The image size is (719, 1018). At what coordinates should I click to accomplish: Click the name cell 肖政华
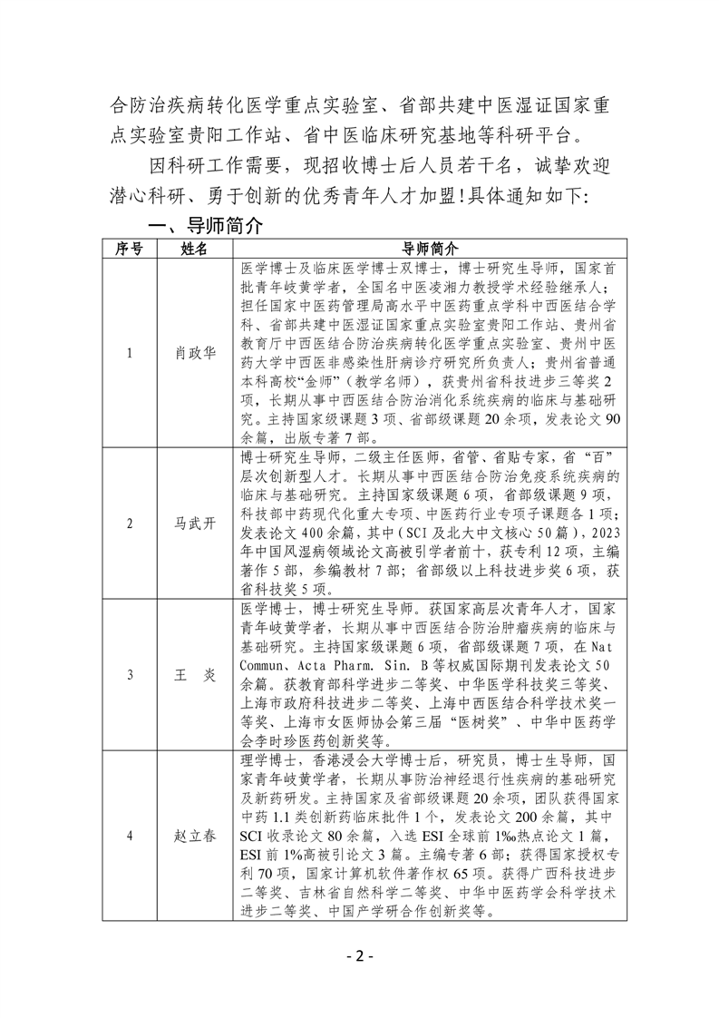pos(194,353)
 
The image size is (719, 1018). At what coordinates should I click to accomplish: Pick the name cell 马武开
pos(194,523)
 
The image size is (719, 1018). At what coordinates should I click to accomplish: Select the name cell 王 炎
pos(194,674)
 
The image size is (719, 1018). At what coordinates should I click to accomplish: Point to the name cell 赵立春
pos(194,836)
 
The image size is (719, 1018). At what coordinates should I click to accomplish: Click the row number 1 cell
pos(130,353)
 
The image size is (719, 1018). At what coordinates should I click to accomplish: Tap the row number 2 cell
pos(130,523)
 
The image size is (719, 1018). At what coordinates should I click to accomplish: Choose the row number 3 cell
pos(130,674)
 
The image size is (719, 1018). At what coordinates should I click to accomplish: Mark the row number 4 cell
pos(130,836)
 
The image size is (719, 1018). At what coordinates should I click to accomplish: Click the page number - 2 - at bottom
pos(360,956)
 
